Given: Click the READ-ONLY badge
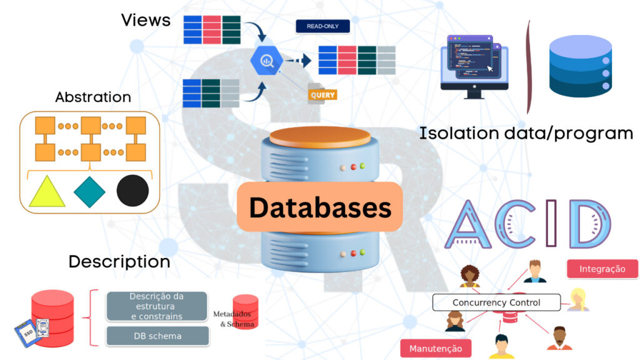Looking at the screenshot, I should [x=322, y=26].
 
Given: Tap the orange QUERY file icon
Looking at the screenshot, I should [x=322, y=94].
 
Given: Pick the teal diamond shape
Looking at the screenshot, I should [x=90, y=191].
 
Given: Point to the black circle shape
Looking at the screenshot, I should [x=132, y=191].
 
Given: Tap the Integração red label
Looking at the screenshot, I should [x=602, y=269].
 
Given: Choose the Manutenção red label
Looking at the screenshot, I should [x=436, y=348].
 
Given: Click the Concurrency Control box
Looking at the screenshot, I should [x=496, y=303].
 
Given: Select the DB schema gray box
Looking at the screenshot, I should [x=157, y=336].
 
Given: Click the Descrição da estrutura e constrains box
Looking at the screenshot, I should [x=157, y=306].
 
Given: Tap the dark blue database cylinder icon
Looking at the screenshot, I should [x=579, y=67].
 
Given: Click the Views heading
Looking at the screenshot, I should [x=146, y=20].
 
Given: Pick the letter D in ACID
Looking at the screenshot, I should [x=591, y=224].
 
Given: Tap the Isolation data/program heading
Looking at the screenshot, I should [x=526, y=133].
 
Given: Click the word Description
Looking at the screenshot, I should [x=119, y=261].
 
